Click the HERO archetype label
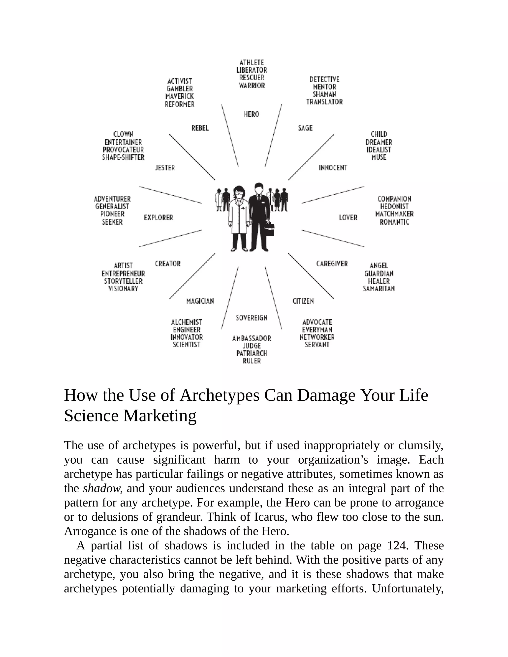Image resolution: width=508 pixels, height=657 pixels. pyautogui.click(x=251, y=114)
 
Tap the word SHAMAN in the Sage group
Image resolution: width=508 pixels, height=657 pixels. pyautogui.click(x=324, y=94)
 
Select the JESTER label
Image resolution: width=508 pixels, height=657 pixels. pyautogui.click(x=165, y=168)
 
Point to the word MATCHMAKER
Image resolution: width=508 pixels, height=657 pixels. pyautogui.click(x=394, y=214)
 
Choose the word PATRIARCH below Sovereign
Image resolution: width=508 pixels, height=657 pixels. pyautogui.click(x=252, y=354)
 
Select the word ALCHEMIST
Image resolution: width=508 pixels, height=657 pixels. pyautogui.click(x=186, y=323)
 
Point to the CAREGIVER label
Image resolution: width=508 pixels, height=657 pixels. pyautogui.click(x=332, y=264)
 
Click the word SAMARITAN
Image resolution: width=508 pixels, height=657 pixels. pyautogui.click(x=379, y=289)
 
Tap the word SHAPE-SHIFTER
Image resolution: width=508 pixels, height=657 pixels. pyautogui.click(x=123, y=157)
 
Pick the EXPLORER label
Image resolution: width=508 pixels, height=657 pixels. pyautogui.click(x=158, y=218)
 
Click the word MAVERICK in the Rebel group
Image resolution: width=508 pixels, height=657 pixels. pyautogui.click(x=180, y=96)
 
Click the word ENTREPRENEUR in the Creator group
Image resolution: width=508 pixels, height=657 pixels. pyautogui.click(x=123, y=274)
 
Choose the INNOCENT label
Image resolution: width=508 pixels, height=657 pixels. pyautogui.click(x=333, y=168)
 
